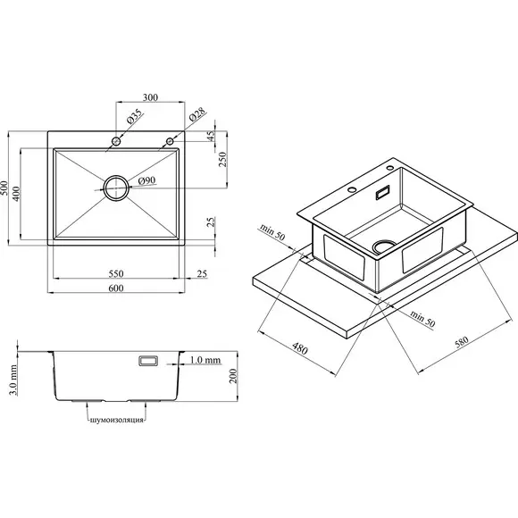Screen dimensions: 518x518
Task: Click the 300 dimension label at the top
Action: tap(150, 97)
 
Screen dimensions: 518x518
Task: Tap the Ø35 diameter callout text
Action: tap(135, 116)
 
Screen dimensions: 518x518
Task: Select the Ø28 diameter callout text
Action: tap(196, 114)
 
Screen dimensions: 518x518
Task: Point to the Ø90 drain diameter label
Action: tap(146, 180)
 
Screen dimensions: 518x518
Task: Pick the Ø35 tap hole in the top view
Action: tap(116, 141)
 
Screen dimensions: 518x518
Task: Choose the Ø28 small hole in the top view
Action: tap(170, 141)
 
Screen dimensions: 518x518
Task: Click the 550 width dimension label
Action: tap(116, 273)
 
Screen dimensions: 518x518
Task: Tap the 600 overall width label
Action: tap(116, 288)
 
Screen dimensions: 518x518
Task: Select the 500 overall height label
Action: tap(4, 188)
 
